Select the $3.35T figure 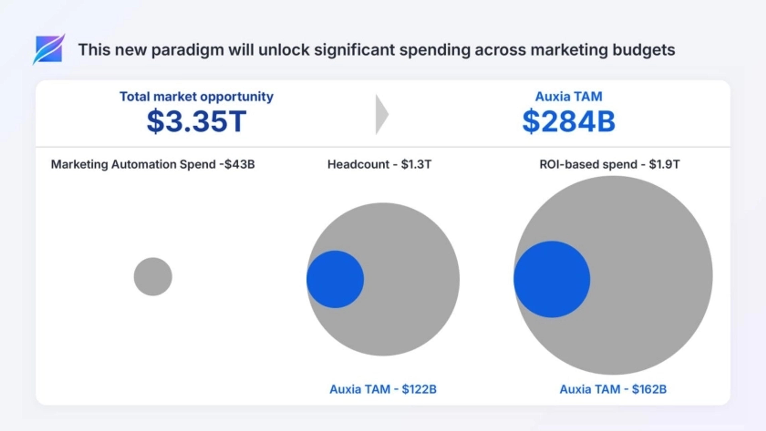point(196,121)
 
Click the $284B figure point(569,121)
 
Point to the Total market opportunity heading point(196,97)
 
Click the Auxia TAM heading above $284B point(569,97)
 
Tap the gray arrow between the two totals point(382,114)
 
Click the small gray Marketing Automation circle point(153,277)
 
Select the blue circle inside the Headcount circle point(335,279)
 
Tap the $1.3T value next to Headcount point(416,164)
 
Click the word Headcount point(358,164)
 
